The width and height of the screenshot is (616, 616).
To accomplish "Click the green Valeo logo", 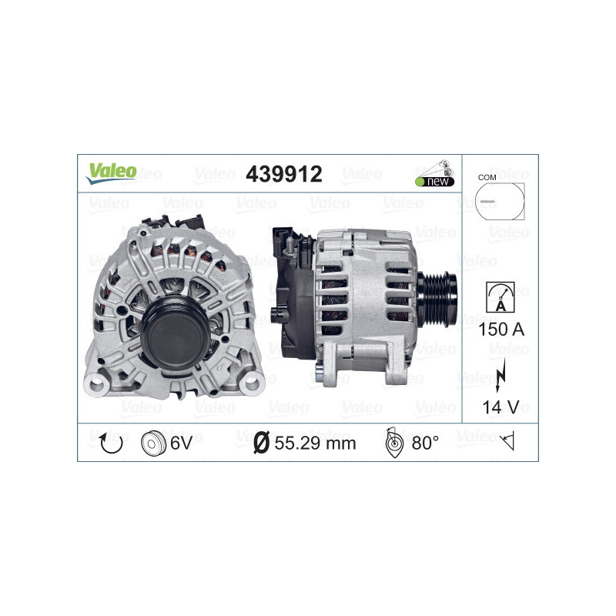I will tap(111, 172).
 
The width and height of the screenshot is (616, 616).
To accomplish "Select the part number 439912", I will tap(283, 174).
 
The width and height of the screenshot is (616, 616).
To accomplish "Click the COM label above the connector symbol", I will tap(487, 177).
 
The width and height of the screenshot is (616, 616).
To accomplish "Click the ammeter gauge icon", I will tap(500, 297).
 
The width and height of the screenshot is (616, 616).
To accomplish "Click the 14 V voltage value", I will tap(500, 407).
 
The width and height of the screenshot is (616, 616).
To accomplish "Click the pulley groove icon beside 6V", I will tap(154, 443).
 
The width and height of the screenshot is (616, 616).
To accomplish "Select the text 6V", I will tap(181, 443).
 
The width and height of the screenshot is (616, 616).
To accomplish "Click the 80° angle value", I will tap(425, 443).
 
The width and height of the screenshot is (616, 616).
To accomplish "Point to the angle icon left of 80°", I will tap(393, 443).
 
